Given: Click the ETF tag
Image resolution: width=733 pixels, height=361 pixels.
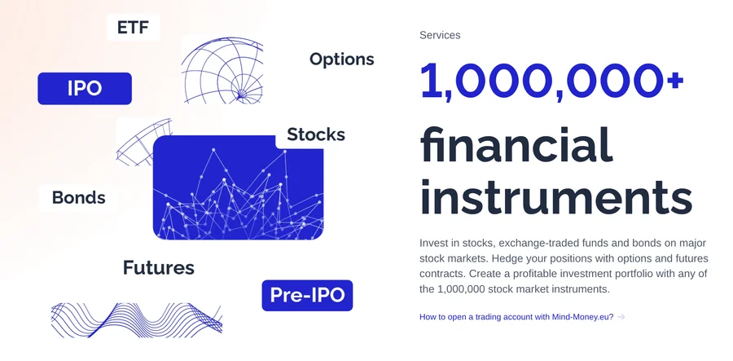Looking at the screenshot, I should point(133,27).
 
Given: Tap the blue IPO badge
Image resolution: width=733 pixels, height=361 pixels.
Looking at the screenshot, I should point(85,89).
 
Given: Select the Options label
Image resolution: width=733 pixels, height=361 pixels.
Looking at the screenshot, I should point(341,59).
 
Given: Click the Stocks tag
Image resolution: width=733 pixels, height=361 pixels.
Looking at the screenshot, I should point(315,134).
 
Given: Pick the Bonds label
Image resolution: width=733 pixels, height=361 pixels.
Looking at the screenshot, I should point(78,197).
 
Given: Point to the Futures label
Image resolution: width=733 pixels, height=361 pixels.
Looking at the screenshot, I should point(158,267).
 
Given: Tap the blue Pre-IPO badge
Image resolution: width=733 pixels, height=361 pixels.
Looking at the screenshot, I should point(308,294).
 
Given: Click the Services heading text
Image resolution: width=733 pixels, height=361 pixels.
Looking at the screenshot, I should point(440,35).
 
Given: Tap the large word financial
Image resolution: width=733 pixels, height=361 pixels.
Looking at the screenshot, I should point(516,145).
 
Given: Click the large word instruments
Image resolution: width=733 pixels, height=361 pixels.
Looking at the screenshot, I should point(555,199).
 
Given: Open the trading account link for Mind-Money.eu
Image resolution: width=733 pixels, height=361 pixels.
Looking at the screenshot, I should point(516,316).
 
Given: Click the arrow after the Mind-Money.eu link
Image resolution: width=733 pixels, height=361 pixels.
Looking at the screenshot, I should point(621,316).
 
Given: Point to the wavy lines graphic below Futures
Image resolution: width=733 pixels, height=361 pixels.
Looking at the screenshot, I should point(136,319).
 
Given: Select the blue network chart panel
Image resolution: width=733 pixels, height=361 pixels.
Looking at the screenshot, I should point(238,189).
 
